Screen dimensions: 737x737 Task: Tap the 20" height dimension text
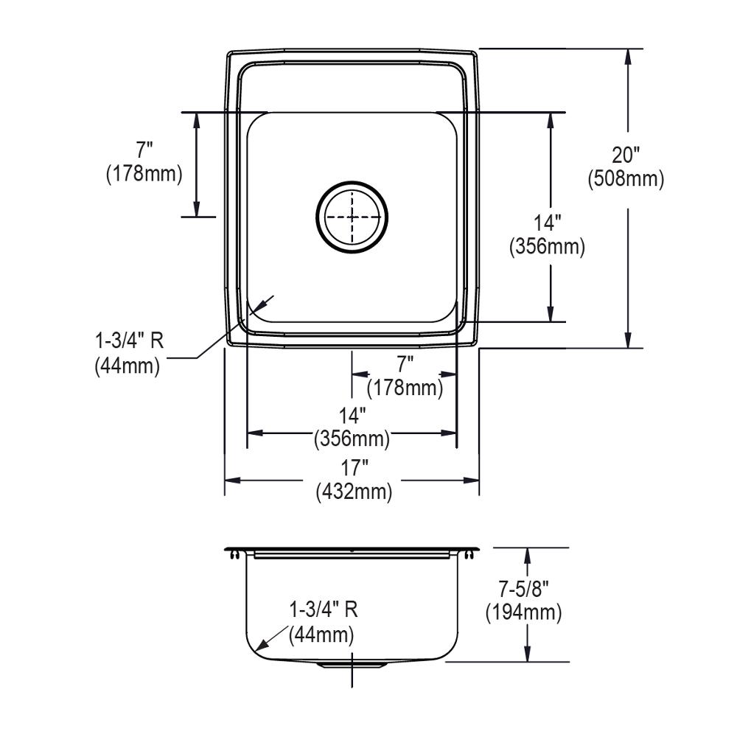coord(626,156)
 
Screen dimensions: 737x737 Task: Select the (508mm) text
coord(626,178)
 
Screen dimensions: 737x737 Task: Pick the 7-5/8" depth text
coord(523,590)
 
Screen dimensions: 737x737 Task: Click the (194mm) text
coord(523,612)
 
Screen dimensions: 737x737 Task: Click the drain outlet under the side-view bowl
coord(352,666)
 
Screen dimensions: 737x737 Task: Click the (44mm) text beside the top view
coord(127,366)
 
